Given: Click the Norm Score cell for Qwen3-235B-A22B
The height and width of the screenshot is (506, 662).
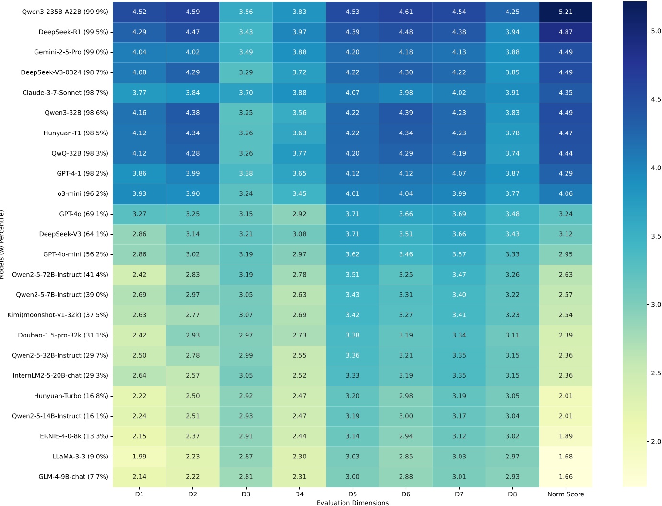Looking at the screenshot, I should click(566, 12).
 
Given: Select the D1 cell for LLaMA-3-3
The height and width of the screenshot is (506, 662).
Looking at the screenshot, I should click(140, 457).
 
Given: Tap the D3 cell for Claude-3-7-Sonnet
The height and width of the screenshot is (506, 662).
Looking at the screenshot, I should click(246, 93).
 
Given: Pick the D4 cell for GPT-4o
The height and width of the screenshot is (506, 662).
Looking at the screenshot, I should click(299, 214).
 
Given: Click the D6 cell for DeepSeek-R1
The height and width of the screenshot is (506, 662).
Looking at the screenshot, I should click(406, 32).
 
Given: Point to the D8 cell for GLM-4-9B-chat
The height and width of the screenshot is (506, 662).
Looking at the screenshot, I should click(512, 477).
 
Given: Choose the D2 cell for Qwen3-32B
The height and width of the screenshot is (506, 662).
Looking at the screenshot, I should click(193, 113).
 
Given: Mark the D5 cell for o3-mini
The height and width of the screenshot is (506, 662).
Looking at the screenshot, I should click(353, 194).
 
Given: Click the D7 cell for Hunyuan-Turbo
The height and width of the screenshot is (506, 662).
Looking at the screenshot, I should click(459, 396).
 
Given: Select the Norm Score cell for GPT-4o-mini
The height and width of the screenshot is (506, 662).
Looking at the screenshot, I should click(566, 254).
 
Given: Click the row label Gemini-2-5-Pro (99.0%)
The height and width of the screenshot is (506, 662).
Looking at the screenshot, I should click(71, 52).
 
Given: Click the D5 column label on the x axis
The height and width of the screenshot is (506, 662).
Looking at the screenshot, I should click(353, 494).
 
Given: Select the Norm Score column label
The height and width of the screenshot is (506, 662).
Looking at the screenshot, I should click(566, 494).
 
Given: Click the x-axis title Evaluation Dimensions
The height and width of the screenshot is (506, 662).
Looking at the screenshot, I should click(353, 503).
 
